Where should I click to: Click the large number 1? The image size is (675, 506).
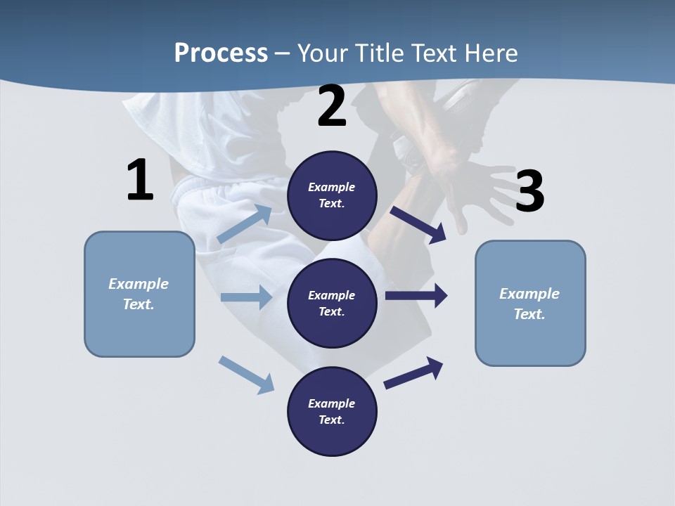click(x=140, y=181)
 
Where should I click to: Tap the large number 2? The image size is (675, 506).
click(x=332, y=107)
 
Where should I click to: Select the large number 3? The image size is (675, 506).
click(x=529, y=192)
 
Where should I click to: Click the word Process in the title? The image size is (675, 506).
click(x=221, y=53)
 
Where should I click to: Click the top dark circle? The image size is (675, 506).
click(x=333, y=195)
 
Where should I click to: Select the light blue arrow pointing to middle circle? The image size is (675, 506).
click(x=246, y=297)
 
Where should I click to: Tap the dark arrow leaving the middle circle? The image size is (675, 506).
click(x=417, y=296)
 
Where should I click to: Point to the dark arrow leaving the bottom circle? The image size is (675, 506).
click(x=414, y=372)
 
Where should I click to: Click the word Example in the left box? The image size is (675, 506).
click(x=139, y=284)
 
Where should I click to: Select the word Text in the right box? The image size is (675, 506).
click(x=529, y=314)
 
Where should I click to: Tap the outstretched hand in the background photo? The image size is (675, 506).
click(x=478, y=193)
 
